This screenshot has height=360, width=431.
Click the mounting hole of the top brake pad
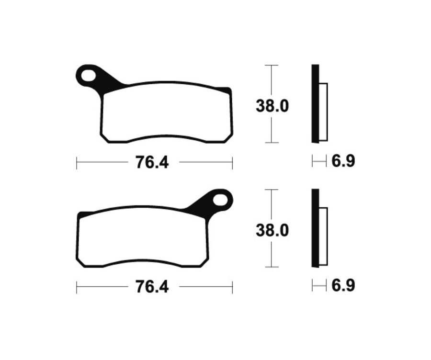click(88, 75)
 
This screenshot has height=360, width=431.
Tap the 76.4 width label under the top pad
click(152, 163)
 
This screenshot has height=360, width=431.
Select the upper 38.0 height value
click(272, 106)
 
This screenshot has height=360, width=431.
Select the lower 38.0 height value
click(272, 231)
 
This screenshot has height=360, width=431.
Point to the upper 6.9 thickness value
click(343, 161)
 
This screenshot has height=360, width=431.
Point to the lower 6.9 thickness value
click(343, 286)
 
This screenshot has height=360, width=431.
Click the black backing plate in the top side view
click(315, 103)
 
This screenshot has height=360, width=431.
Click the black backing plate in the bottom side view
click(315, 228)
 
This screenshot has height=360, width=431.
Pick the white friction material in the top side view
click(323, 112)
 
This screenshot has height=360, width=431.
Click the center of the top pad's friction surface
click(166, 113)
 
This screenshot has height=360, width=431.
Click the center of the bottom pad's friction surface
click(144, 238)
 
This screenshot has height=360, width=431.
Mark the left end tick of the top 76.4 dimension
click(77, 163)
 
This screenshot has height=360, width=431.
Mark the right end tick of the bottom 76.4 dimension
click(232, 287)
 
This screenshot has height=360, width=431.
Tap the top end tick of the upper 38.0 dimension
click(272, 65)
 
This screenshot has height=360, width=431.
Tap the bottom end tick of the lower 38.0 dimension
click(272, 267)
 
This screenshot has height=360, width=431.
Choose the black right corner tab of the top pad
click(225, 90)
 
